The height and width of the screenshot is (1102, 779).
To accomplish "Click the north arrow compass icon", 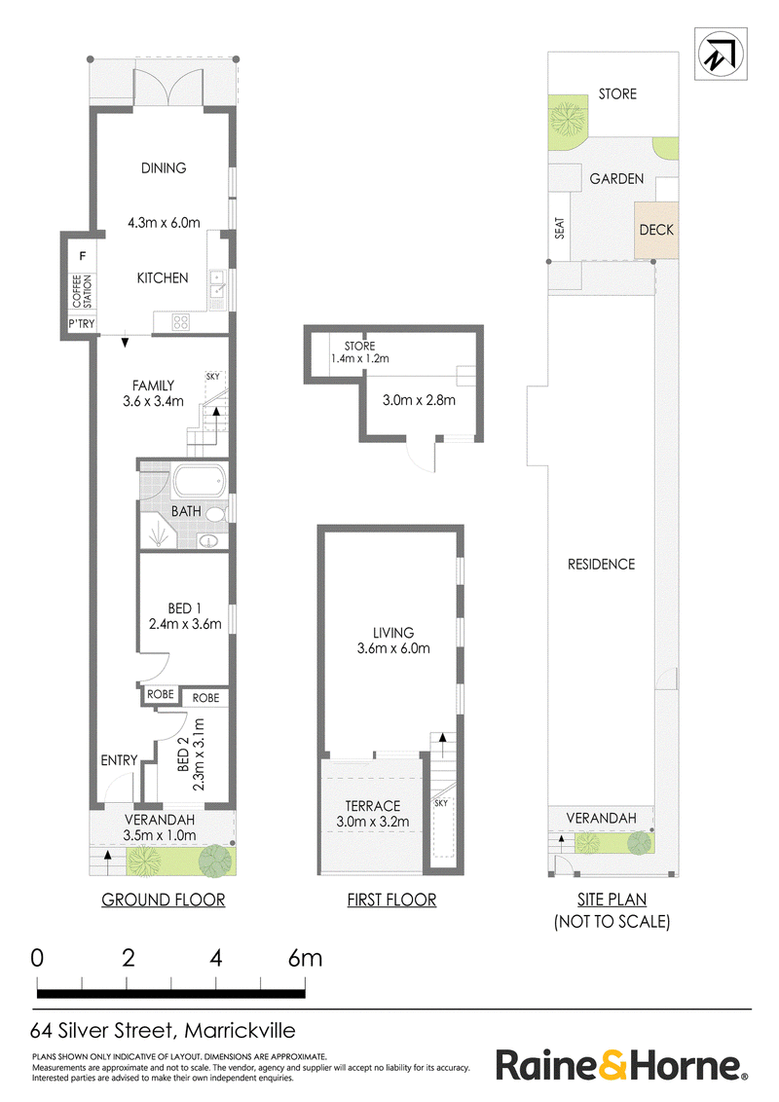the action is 721,55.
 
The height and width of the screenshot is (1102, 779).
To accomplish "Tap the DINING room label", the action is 164,168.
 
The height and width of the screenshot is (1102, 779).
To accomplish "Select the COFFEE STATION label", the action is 82,291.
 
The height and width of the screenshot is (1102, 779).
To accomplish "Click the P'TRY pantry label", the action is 82,324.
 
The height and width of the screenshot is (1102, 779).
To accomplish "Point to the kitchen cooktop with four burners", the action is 181,322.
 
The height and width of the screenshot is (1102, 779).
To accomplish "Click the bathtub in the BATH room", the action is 200,482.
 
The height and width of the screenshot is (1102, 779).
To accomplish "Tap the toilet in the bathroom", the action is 216,514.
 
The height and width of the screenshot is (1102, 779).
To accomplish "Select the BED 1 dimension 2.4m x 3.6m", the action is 185,624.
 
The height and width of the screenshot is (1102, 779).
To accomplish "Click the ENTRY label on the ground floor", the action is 119,760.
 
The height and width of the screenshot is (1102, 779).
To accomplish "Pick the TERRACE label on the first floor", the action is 373,806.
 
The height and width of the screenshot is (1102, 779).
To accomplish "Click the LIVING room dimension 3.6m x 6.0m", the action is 393,648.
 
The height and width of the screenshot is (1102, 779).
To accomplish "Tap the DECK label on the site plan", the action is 656,230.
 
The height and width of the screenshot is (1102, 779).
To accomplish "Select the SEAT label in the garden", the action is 560,228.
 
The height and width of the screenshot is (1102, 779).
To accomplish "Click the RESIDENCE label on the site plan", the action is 601,565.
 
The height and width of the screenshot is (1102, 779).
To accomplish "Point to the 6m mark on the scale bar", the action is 305,958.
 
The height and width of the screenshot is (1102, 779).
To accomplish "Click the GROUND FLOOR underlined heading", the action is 164,900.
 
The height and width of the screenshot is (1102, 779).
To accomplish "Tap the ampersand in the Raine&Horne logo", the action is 612,1065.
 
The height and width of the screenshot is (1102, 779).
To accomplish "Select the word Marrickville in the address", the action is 240,1031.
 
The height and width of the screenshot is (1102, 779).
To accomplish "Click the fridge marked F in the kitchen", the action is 82,256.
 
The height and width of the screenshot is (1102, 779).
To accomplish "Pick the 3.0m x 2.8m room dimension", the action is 419,401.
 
